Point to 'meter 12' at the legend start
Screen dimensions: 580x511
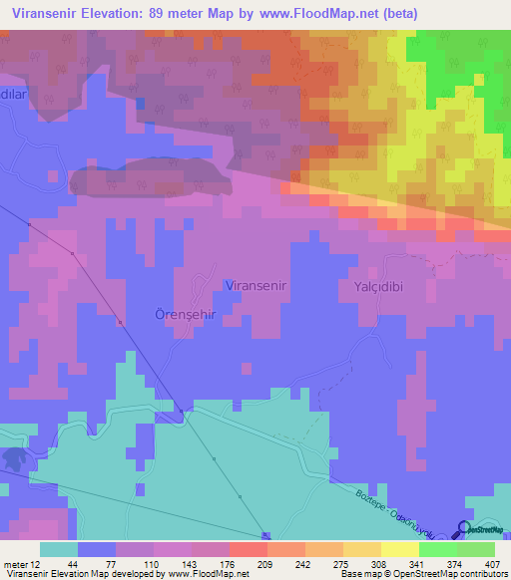pyautogui.click(x=24, y=563)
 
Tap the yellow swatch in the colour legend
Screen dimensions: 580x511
pyautogui.click(x=399, y=549)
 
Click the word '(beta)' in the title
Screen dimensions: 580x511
pyautogui.click(x=396, y=13)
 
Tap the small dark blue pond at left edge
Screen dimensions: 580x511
pyautogui.click(x=14, y=458)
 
